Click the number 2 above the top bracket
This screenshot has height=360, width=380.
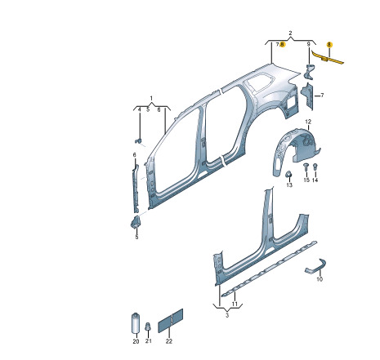[290, 33]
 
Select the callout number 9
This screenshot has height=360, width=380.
[309, 44]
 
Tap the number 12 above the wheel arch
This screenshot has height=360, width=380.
[308, 122]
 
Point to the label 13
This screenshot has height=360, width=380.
[289, 185]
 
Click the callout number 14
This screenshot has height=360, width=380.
[315, 180]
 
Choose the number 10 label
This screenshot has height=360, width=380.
[320, 279]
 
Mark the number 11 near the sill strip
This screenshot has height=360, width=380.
[235, 304]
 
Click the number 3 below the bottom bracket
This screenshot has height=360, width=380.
[227, 315]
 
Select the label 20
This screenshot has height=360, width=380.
[136, 341]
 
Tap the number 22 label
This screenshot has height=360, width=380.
[169, 341]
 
